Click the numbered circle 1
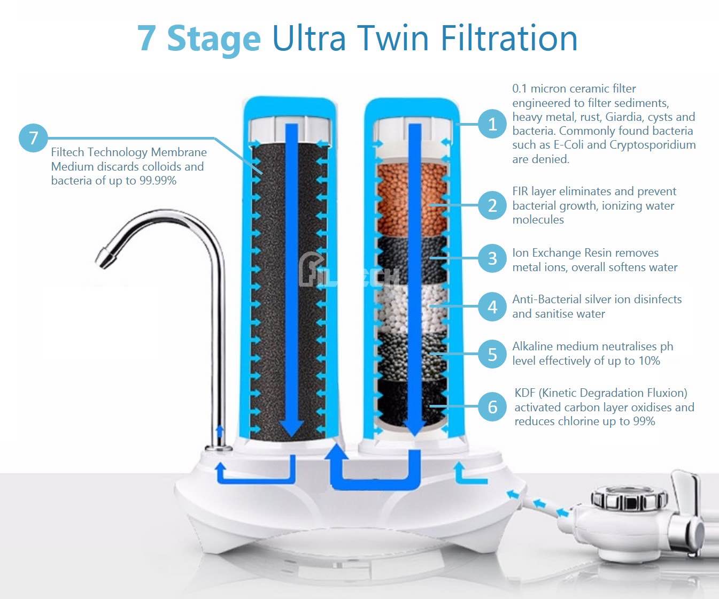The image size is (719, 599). pyautogui.click(x=492, y=124)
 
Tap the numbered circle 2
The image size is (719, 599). pyautogui.click(x=492, y=205)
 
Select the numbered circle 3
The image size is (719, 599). pyautogui.click(x=492, y=259)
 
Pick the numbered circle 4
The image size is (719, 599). pyautogui.click(x=492, y=307)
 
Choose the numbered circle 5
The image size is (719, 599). pyautogui.click(x=492, y=354)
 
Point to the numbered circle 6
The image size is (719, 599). pyautogui.click(x=492, y=407)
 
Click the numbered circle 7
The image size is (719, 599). pyautogui.click(x=33, y=137)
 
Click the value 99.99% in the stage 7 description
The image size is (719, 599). pyautogui.click(x=158, y=181)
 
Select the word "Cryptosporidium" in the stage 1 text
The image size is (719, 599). pyautogui.click(x=652, y=145)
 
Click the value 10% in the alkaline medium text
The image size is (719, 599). pyautogui.click(x=649, y=361)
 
